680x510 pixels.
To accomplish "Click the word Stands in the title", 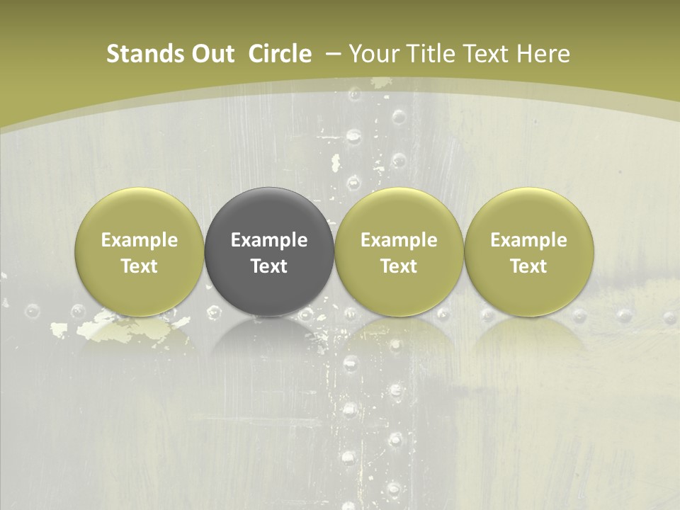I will point(137,54).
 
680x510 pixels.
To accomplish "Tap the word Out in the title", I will point(211,54).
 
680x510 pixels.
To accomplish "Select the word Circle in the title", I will point(280,54).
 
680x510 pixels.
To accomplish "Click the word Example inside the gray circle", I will point(269,240).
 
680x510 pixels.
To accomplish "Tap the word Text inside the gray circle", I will point(269,266).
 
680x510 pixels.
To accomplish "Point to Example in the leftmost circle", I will point(140,240).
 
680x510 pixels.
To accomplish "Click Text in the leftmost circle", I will point(140,266).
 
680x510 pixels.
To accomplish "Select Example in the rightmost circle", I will point(528,240).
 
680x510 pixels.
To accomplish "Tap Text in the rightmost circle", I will point(528,266).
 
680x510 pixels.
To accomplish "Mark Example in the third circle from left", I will point(399,240).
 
